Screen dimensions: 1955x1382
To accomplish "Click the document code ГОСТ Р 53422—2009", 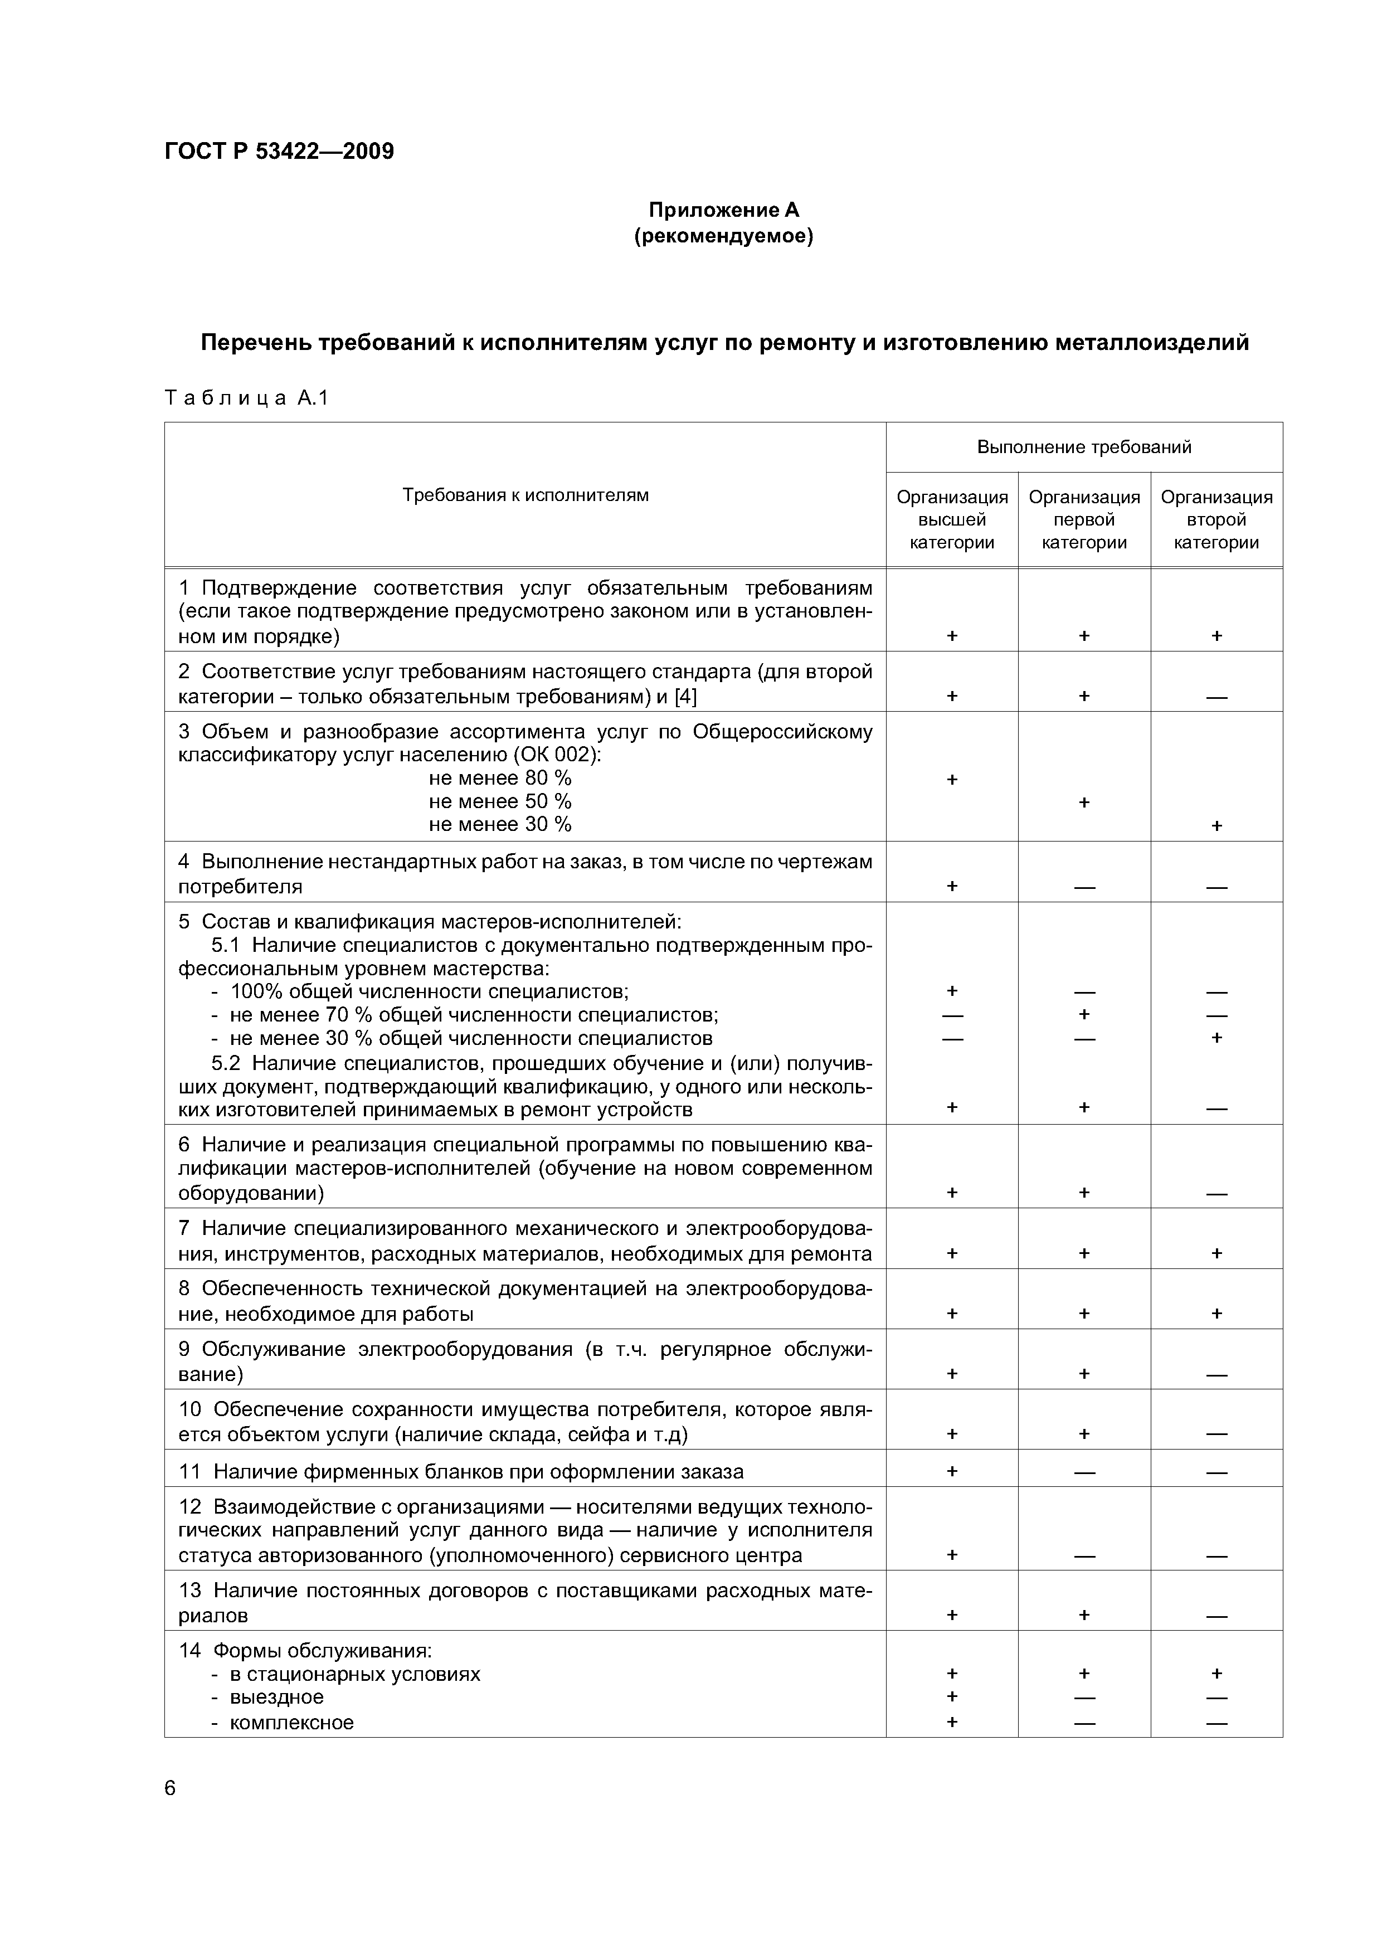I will (279, 152).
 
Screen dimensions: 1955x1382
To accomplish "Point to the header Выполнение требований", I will (1083, 447).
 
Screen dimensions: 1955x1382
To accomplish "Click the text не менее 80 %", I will (500, 778).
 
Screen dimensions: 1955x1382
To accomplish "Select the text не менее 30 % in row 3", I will (500, 824).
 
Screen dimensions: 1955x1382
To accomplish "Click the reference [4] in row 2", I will (685, 697).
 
